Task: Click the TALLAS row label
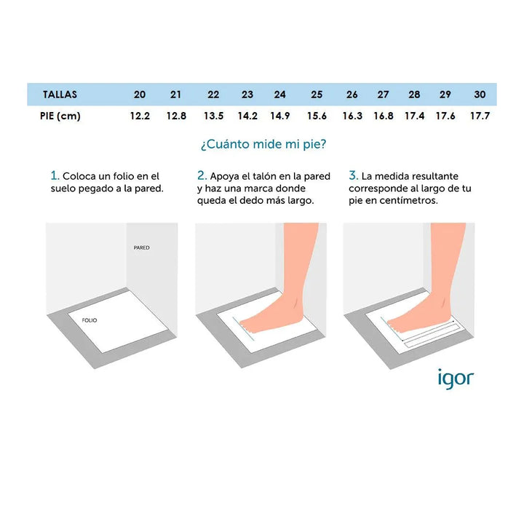(60, 95)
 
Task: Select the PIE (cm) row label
(60, 116)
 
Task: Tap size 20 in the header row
(140, 95)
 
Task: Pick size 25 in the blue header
(317, 95)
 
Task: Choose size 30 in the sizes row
(480, 95)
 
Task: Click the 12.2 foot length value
(140, 116)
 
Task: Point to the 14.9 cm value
(280, 116)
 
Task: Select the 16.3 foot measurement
(352, 116)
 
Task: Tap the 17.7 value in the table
(480, 116)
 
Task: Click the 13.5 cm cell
(213, 116)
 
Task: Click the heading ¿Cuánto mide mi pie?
(263, 144)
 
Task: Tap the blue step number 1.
(55, 175)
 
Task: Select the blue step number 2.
(202, 175)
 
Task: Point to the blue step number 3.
(354, 175)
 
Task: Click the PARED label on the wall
(142, 247)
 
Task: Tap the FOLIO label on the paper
(90, 320)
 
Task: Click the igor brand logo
(456, 379)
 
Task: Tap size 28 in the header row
(414, 95)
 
